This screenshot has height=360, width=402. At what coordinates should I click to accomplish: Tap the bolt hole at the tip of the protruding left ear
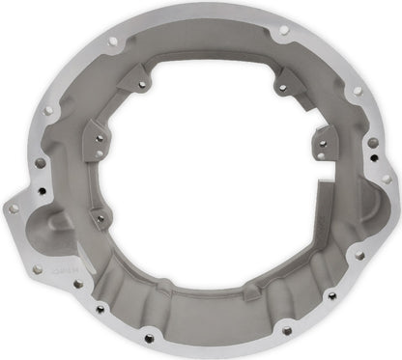(13, 207)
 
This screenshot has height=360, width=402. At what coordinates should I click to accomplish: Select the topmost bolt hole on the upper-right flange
(283, 30)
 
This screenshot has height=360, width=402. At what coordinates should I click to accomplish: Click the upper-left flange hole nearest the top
(112, 42)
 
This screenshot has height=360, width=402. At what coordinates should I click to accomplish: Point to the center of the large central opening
(208, 164)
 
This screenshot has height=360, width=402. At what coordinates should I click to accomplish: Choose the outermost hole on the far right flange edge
(387, 179)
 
